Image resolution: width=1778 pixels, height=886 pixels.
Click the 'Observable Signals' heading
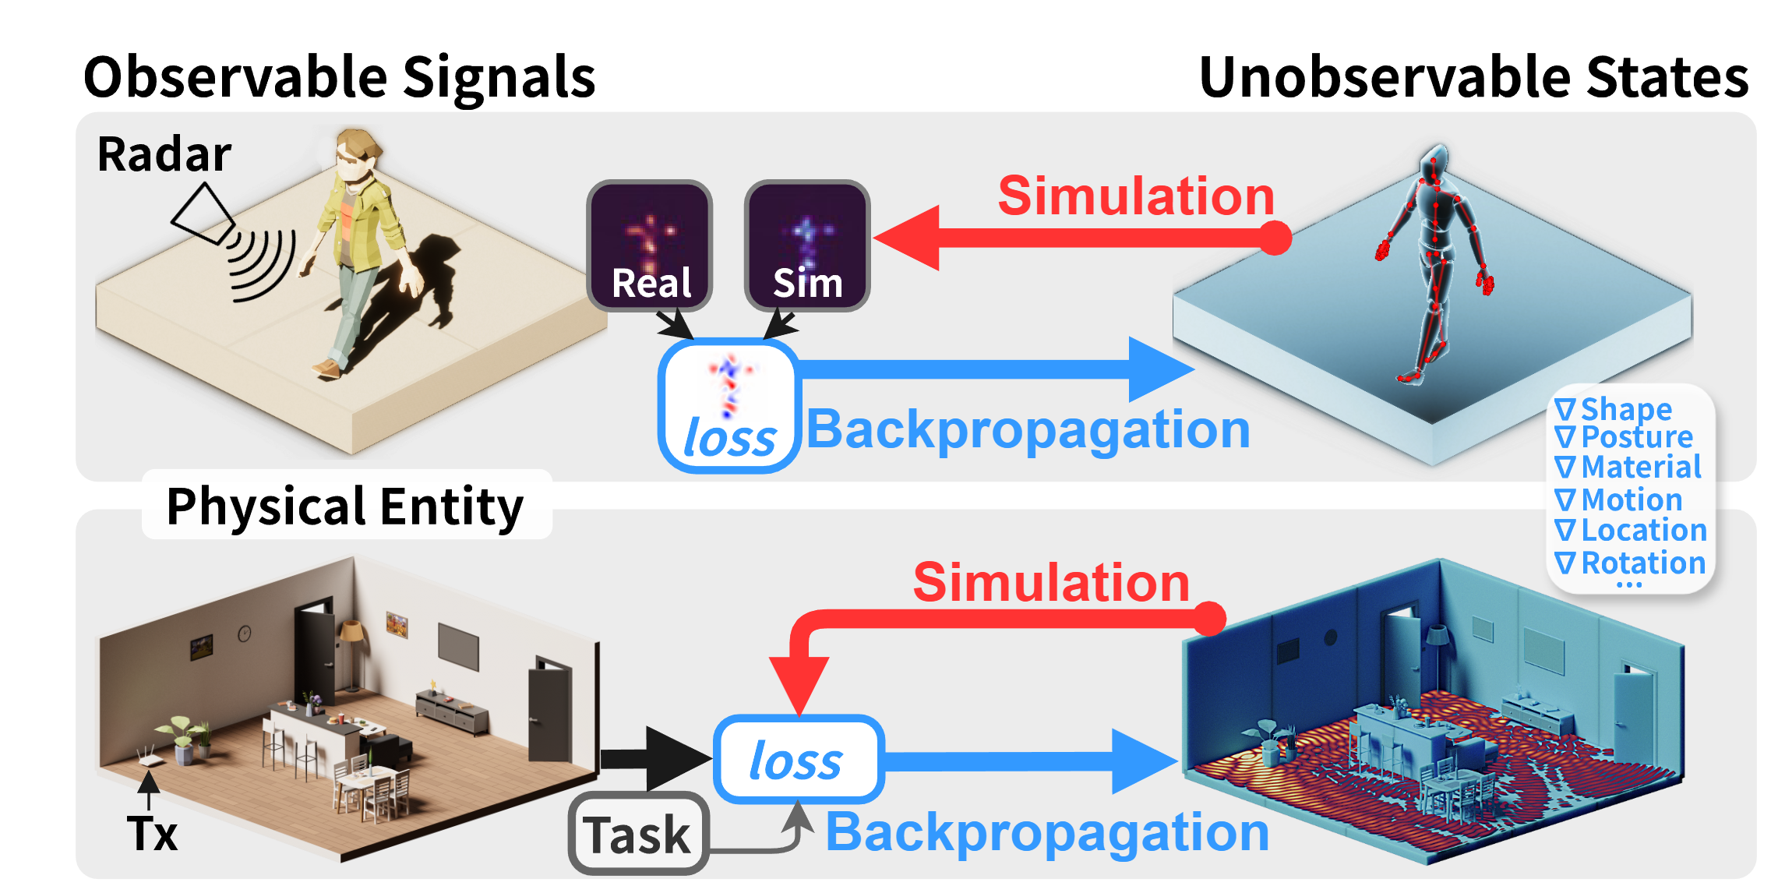point(339,77)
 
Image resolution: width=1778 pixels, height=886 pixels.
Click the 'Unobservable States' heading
point(1473,77)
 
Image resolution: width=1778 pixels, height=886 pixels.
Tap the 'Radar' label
point(164,154)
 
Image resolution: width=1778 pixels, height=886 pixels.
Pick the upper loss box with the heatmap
point(729,406)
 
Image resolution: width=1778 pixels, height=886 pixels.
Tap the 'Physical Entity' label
point(345,507)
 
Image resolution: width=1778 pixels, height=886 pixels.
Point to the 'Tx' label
point(153,834)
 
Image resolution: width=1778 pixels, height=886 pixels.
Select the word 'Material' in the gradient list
point(1641,467)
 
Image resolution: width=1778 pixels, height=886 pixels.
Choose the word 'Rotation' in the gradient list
point(1643,562)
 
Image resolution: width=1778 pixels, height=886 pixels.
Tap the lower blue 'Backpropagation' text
point(1047,832)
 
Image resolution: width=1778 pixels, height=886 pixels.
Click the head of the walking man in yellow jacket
point(356,156)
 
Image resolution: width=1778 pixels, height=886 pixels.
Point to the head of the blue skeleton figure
point(1434,160)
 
